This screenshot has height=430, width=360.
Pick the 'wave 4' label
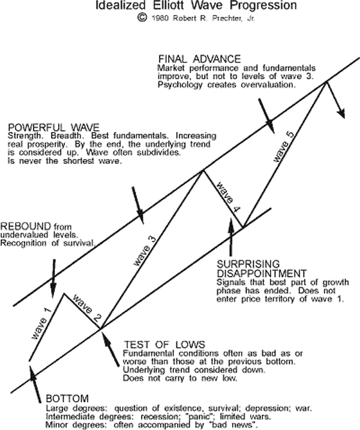227,196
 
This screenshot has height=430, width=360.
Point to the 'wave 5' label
283,146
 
